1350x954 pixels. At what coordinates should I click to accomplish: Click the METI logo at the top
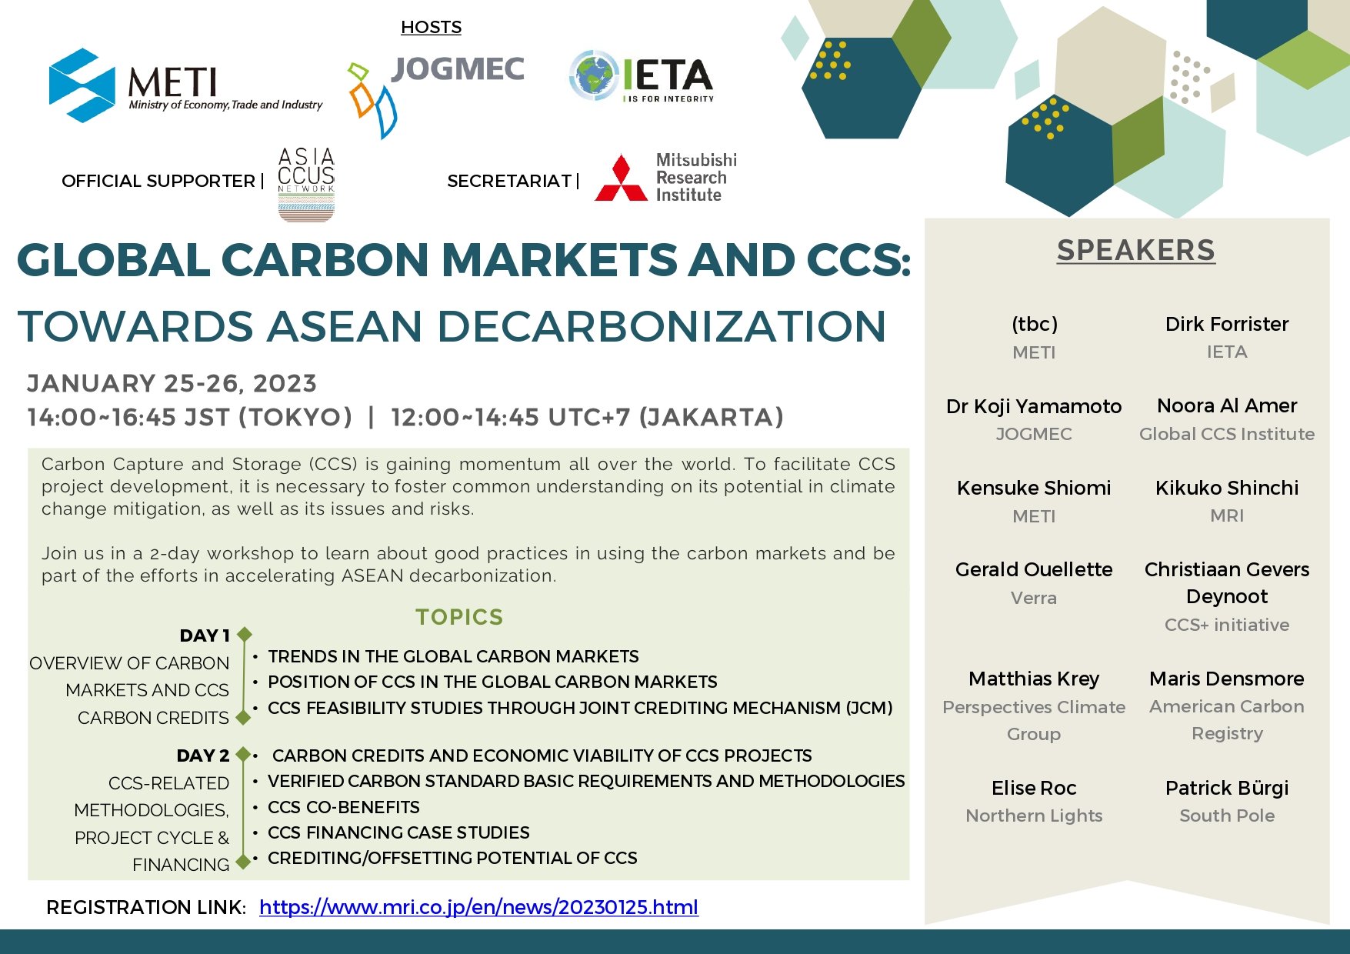[x=185, y=85]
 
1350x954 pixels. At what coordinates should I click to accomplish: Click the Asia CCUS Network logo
[x=306, y=185]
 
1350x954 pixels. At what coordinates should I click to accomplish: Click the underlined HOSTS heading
[x=431, y=28]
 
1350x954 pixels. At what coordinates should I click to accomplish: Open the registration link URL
[x=478, y=907]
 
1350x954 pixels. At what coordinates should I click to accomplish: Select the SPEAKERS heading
[x=1135, y=250]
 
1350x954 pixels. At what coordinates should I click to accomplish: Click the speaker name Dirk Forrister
[x=1227, y=324]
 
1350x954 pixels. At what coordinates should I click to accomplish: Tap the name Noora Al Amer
[x=1227, y=405]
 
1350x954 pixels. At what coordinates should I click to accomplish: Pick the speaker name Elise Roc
[x=1034, y=788]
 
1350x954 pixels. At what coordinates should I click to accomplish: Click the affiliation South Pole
[x=1227, y=816]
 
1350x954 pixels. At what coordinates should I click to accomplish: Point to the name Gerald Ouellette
[x=1034, y=569]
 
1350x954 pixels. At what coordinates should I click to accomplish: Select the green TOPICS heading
[x=459, y=617]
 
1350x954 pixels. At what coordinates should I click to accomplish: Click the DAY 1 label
[x=205, y=635]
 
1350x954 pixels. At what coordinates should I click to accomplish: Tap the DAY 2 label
[x=203, y=756]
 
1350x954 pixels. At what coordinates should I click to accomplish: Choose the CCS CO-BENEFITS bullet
[x=344, y=807]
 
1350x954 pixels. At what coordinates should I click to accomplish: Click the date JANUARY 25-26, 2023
[x=172, y=383]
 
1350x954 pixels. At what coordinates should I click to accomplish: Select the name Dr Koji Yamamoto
[x=1034, y=406]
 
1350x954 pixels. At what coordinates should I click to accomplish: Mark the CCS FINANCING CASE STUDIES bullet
[x=398, y=832]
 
